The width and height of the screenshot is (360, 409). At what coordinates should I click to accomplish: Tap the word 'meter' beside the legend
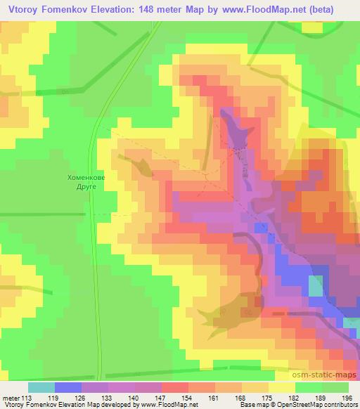click(x=10, y=397)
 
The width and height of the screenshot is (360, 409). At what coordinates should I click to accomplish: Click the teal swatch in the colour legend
click(x=41, y=387)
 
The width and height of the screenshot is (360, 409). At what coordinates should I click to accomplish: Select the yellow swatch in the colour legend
click(x=281, y=387)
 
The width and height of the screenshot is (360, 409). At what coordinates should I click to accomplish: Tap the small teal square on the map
click(x=316, y=287)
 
